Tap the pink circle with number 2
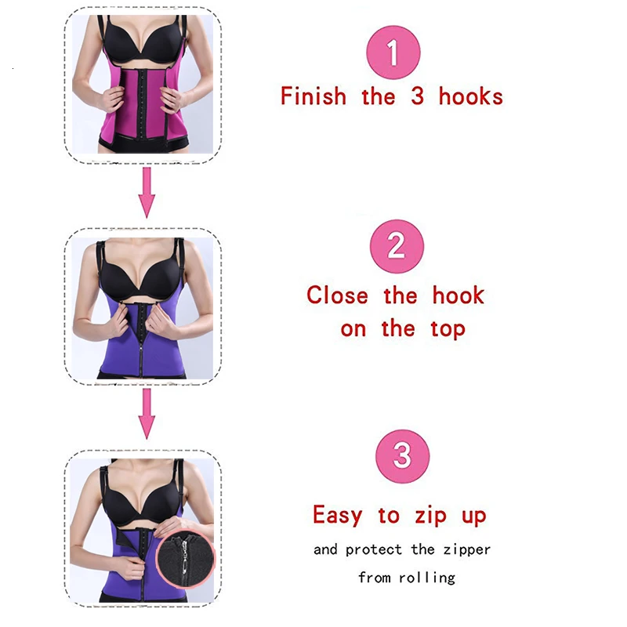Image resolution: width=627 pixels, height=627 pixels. coord(397,246)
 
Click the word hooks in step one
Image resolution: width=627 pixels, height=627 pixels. coord(470,96)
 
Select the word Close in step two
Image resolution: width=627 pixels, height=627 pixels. coord(337,295)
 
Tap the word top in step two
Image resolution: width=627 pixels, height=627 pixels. coord(447,329)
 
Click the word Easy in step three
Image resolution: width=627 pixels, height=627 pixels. coord(337,515)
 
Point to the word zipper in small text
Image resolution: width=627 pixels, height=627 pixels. coord(463,549)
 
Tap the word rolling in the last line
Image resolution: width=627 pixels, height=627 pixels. coord(427,578)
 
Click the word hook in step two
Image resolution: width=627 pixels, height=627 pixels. coord(458,295)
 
